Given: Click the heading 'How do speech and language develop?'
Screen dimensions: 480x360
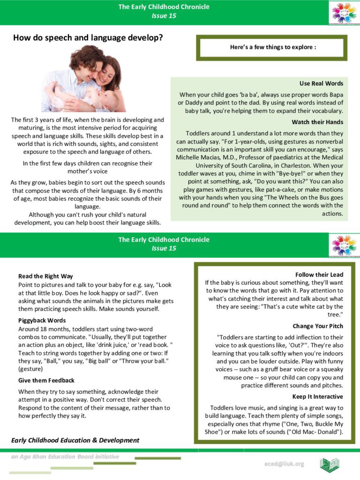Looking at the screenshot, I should (x=88, y=37).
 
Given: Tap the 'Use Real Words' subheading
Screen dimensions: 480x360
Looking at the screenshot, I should (x=321, y=83).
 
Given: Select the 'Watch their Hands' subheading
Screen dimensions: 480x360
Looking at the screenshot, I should (x=317, y=122).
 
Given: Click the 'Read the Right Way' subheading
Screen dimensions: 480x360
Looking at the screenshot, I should (x=45, y=276).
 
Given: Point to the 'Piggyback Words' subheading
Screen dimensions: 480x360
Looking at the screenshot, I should (x=42, y=320).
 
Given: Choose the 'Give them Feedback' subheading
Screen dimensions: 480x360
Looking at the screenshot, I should (x=46, y=380).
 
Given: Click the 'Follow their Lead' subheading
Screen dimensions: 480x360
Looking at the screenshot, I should (x=319, y=275).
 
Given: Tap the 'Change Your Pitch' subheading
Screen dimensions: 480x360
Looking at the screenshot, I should (x=318, y=326).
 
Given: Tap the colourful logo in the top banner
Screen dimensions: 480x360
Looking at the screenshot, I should (x=344, y=13).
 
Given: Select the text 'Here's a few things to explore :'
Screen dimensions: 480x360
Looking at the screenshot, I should (x=273, y=47).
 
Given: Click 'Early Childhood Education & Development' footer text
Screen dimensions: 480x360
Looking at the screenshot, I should (x=75, y=440).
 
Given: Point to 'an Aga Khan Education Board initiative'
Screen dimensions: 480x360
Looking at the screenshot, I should (x=65, y=457).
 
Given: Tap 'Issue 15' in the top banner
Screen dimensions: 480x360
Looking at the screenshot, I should (x=164, y=15).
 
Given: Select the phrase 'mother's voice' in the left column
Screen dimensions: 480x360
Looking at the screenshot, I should (x=87, y=172).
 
